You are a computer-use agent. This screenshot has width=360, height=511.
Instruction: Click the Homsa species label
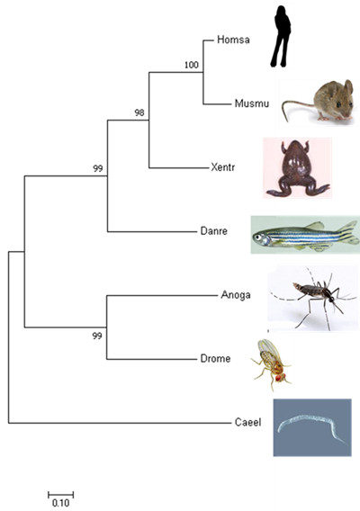[233, 40]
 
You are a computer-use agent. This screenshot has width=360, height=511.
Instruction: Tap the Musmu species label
[252, 103]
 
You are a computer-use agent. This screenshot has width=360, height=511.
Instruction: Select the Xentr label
[222, 167]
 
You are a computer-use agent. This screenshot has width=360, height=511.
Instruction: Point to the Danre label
[213, 231]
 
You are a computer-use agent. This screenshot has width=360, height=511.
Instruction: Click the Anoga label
[236, 295]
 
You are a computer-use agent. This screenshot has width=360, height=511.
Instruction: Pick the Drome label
[215, 358]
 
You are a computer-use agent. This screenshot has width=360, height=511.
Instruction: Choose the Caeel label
[247, 422]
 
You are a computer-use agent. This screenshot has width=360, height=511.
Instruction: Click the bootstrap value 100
[192, 65]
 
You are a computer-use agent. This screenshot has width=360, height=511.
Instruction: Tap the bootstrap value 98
[139, 112]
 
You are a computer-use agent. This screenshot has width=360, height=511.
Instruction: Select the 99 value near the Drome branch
[97, 336]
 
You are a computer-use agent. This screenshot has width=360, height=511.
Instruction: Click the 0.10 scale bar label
[60, 503]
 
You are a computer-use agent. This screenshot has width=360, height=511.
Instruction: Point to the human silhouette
[281, 36]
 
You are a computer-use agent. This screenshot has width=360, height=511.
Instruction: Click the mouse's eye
[338, 104]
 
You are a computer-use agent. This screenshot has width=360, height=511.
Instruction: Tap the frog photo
[297, 168]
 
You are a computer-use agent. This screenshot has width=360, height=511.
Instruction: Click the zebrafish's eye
[258, 238]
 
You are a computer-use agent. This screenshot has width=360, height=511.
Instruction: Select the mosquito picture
[312, 299]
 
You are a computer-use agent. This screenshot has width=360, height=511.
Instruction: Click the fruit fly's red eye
[279, 378]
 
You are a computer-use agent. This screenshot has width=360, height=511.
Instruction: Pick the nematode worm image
[312, 427]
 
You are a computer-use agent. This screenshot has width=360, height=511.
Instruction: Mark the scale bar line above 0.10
[60, 495]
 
